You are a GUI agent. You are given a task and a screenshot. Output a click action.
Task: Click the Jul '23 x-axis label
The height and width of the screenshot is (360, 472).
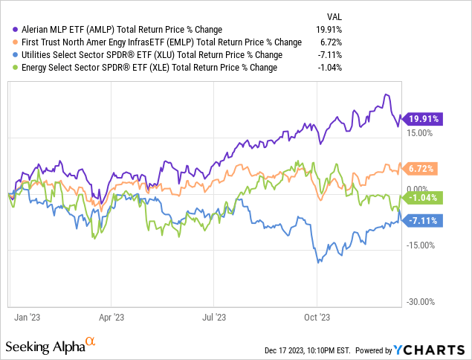213,315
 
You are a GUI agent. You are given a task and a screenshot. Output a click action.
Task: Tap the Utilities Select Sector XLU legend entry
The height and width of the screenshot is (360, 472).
148,54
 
